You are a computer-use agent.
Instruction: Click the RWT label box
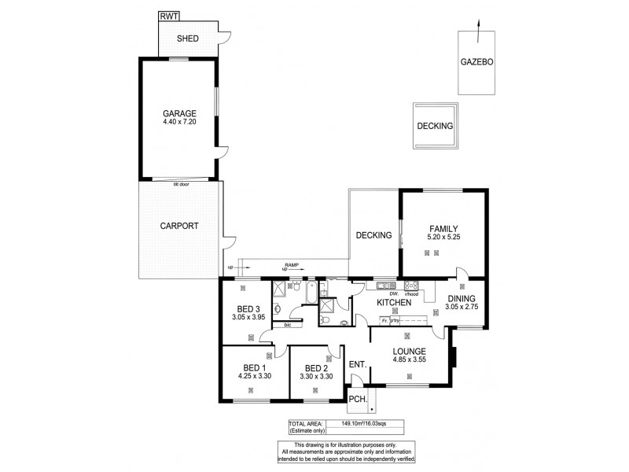tap(168, 16)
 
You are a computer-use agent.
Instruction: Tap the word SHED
tap(187, 38)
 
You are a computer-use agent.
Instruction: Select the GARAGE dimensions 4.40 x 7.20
tap(178, 124)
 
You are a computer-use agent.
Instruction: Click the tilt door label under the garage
tap(182, 183)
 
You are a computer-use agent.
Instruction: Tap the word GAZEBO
tap(477, 62)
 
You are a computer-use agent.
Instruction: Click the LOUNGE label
tap(410, 351)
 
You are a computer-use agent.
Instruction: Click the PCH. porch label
tap(357, 400)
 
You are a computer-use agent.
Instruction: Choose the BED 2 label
tap(316, 368)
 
